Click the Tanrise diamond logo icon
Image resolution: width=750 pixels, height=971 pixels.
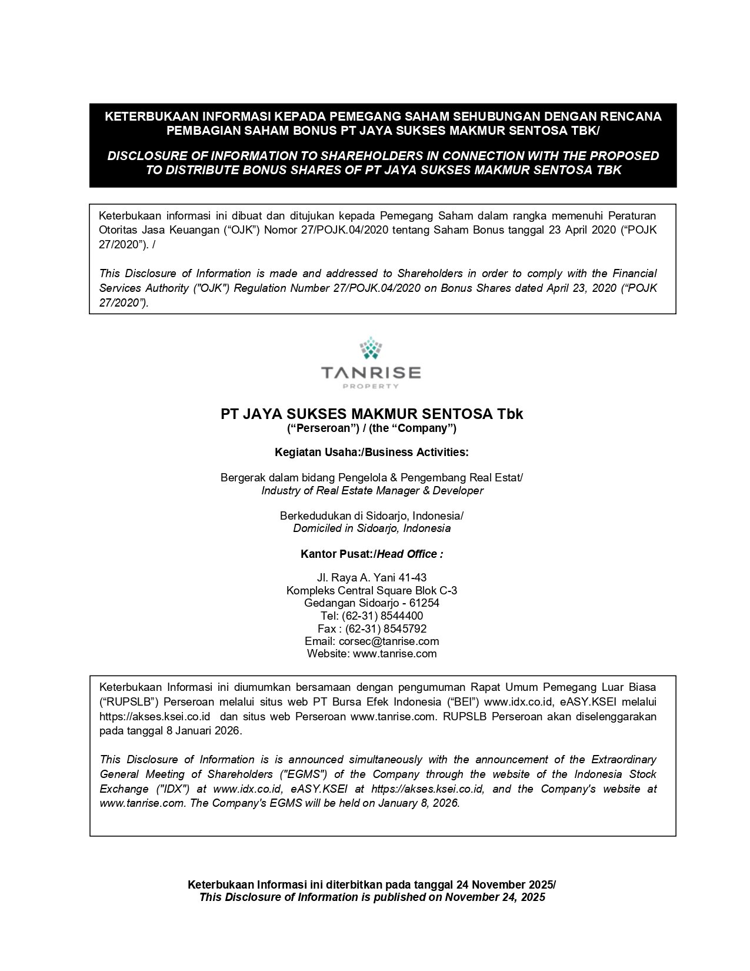(371, 348)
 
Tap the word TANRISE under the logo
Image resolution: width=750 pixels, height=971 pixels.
(371, 373)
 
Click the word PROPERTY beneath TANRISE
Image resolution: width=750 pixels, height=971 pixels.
(371, 387)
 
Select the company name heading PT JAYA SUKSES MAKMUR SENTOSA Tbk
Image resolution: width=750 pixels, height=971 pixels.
(372, 414)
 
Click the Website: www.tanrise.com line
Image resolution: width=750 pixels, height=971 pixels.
(372, 653)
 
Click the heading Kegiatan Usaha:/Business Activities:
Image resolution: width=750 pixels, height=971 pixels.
(372, 452)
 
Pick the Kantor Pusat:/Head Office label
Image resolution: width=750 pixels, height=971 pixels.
(372, 554)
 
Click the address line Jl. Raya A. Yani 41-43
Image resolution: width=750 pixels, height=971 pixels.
(372, 577)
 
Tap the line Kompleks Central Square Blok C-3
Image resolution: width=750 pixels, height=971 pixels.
(372, 590)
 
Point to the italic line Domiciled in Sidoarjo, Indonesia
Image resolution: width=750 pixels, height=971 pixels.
(372, 528)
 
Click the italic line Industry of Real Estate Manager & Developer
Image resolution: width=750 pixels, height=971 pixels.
(372, 490)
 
